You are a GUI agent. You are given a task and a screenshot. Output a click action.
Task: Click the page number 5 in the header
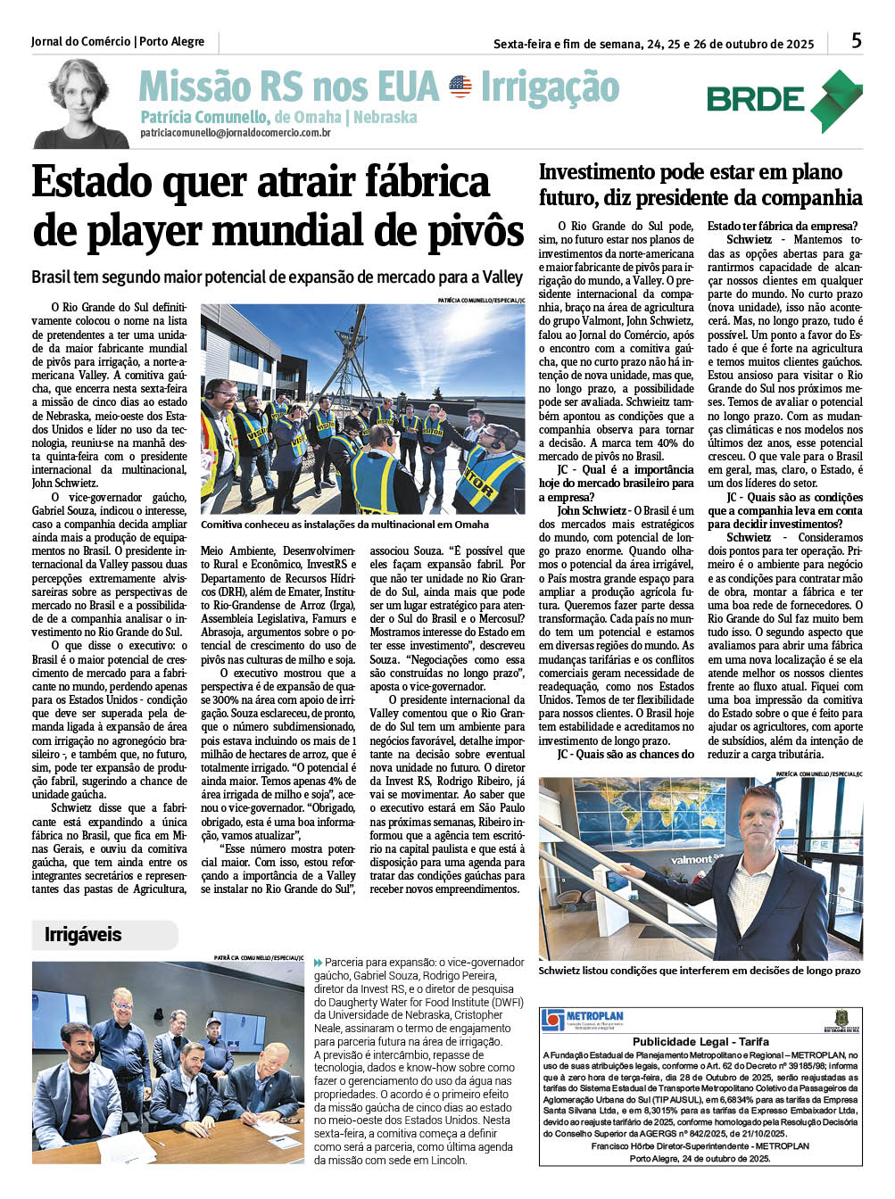pos(856,40)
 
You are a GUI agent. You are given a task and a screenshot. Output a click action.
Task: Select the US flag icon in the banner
pos(460,87)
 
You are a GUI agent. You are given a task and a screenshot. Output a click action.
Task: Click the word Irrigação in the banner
pos(550,87)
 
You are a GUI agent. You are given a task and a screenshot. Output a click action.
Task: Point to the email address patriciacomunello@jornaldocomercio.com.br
pos(236,133)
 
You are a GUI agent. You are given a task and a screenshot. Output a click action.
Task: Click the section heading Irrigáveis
pos(83,935)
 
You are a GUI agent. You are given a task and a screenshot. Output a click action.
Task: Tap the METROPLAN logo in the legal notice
pos(583,1019)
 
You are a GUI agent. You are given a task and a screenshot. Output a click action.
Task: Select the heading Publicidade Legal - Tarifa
pos(700,1041)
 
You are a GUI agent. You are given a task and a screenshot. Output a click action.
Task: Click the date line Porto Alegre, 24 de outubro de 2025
pos(700,1158)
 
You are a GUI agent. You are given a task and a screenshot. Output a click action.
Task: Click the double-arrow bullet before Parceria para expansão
pos(319,963)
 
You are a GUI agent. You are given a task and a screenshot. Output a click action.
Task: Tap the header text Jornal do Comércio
pos(80,42)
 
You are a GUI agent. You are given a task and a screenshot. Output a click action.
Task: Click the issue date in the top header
pos(653,44)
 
